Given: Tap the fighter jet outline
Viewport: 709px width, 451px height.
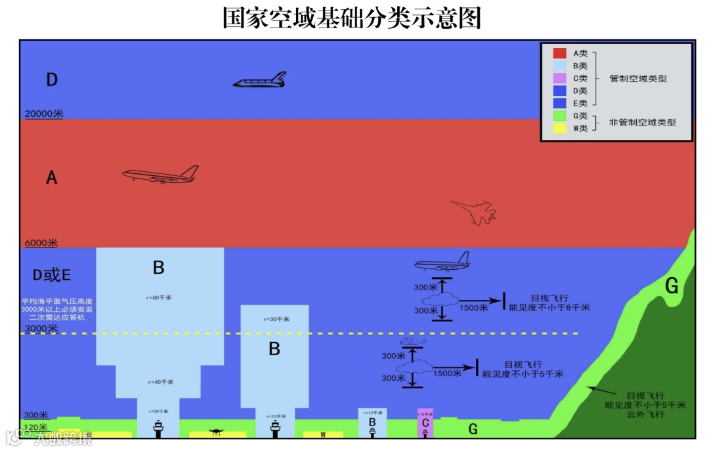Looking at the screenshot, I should point(474,212).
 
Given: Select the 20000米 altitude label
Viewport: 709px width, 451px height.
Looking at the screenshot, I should point(44,114).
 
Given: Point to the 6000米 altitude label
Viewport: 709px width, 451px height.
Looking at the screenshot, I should point(41,243).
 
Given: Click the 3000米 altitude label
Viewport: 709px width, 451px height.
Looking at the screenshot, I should point(41,328).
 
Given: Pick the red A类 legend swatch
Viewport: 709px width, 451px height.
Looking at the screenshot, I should point(559,53).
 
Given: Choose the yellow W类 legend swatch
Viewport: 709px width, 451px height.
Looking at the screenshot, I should point(559,128).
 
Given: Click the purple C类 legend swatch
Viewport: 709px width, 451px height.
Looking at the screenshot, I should point(559,78).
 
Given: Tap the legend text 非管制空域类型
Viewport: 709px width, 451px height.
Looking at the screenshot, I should point(642,122).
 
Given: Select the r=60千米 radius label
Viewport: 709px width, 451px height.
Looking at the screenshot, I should point(159,297).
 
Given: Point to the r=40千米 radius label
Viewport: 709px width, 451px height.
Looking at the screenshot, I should point(159,381).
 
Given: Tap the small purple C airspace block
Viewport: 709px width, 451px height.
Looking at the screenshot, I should point(425,423).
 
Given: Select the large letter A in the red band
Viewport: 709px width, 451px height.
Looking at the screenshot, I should point(51,177).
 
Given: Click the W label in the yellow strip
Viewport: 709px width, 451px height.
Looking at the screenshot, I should point(323,435).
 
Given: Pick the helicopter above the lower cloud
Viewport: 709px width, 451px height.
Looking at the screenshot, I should point(412,343).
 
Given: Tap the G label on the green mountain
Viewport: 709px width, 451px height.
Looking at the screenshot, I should point(672,286).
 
